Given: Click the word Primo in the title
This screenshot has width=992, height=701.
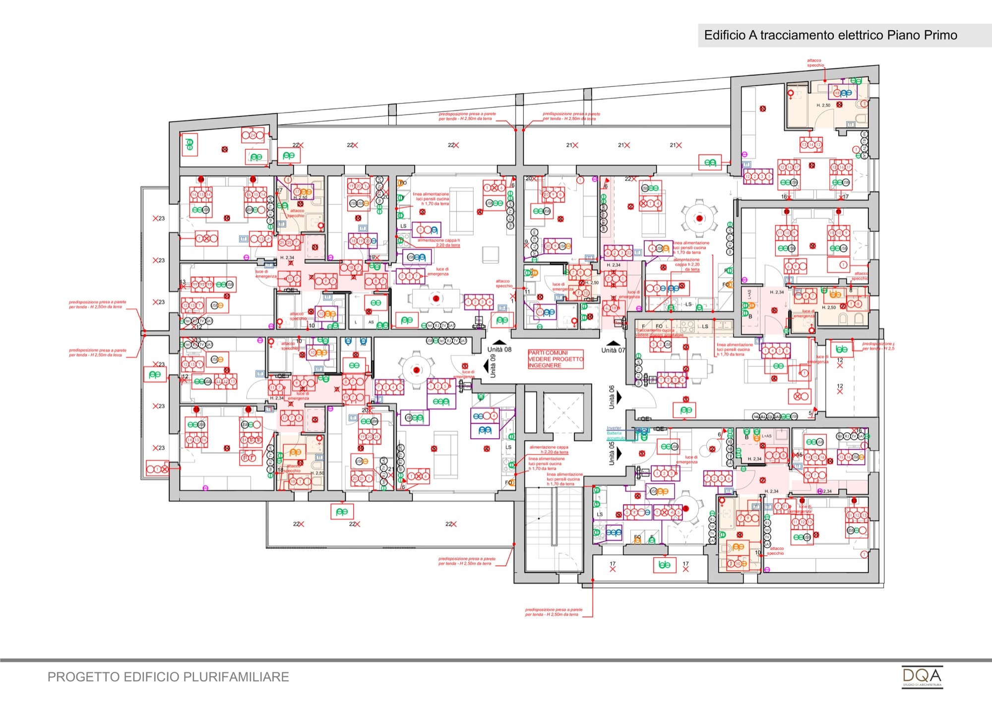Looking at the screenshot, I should (940, 35).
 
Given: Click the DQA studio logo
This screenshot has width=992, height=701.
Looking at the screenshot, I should (922, 677).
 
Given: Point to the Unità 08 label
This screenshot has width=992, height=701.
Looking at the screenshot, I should (499, 350).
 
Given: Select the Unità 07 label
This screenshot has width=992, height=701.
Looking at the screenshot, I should (613, 350).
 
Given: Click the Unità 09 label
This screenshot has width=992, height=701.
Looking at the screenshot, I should (493, 366).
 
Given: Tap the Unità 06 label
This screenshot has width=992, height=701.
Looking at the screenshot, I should (612, 397).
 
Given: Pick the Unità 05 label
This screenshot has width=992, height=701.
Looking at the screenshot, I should (612, 453).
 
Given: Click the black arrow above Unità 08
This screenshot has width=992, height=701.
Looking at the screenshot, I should (499, 342).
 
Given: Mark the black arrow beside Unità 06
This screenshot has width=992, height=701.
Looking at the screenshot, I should (619, 398).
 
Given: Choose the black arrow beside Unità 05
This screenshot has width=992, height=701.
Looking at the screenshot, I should (619, 453).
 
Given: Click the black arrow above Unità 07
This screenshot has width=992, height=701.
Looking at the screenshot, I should (614, 343).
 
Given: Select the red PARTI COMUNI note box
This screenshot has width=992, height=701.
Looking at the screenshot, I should (556, 359).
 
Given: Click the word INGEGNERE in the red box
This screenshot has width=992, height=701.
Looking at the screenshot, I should (545, 365).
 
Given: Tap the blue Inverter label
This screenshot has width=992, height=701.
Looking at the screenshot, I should (614, 428).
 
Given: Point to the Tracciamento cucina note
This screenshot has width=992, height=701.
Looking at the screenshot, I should (655, 330).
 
